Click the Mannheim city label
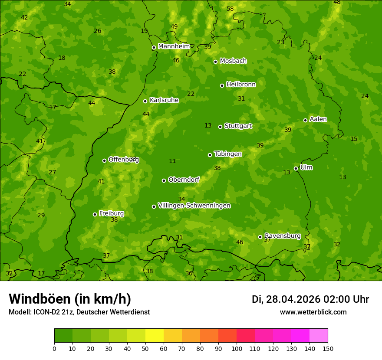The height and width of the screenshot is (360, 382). pos(174,46)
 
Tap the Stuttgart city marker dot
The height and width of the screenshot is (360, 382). pos(221,127)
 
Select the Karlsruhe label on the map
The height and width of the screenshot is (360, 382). pos(164,100)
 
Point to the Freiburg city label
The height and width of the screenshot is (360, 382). pos(111,213)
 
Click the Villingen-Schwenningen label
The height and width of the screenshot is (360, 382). pos(194,206)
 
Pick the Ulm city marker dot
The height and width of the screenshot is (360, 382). pos(296,168)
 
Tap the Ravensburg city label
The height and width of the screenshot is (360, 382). pos(282,236)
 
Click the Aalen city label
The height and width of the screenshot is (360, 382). pos(318,119)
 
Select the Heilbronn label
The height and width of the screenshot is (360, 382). pos(241,85)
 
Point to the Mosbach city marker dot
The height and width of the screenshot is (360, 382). pos(215,62)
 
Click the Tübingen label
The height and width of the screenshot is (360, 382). pos(228,154)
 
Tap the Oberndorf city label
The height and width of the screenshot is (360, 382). pos(184,180)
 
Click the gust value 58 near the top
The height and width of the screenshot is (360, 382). pos(230,9)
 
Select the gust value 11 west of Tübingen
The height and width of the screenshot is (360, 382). pos(172,161)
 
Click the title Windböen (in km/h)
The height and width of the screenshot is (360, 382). pos(70,299)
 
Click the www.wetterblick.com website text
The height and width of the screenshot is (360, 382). pos(313,312)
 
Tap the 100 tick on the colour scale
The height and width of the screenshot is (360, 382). pos(237,348)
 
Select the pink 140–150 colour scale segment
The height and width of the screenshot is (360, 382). pos(319,336)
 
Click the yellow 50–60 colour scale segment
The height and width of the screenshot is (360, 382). pos(155,336)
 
